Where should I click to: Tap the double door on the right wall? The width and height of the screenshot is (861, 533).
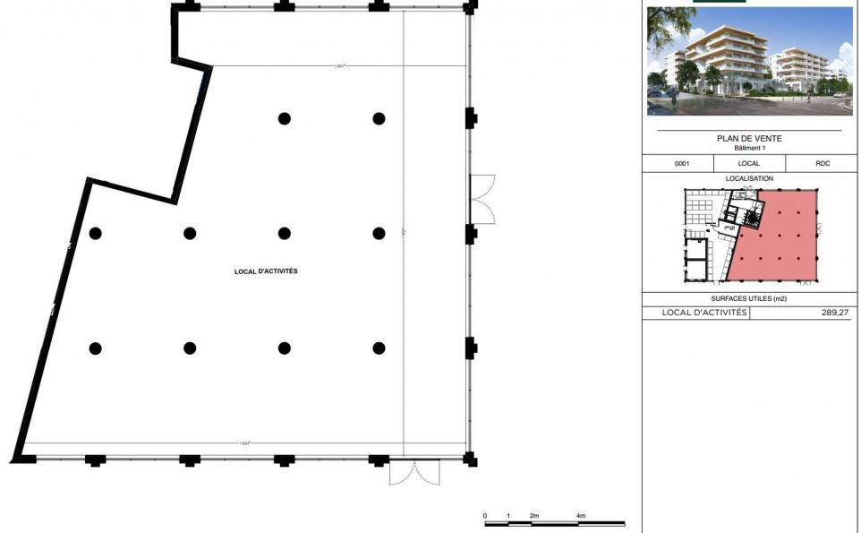coord(482,198)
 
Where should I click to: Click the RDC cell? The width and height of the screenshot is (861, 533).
coord(822,164)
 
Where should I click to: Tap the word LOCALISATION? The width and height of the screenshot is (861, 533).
coord(749,179)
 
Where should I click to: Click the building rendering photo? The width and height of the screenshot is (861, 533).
coord(749,61)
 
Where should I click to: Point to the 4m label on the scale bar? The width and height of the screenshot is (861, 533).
coord(581,517)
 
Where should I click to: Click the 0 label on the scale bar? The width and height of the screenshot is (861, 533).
coord(484,517)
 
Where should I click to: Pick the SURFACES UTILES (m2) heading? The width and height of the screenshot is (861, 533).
coord(749,299)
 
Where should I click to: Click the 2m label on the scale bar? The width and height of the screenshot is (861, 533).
coord(534,517)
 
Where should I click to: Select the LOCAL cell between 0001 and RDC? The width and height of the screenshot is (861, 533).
coord(749,164)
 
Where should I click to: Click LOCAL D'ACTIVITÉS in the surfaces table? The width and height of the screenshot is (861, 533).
coord(703,313)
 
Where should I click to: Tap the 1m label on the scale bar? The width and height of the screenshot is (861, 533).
coord(508,517)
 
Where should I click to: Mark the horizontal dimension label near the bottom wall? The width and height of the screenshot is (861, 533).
coord(243,443)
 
